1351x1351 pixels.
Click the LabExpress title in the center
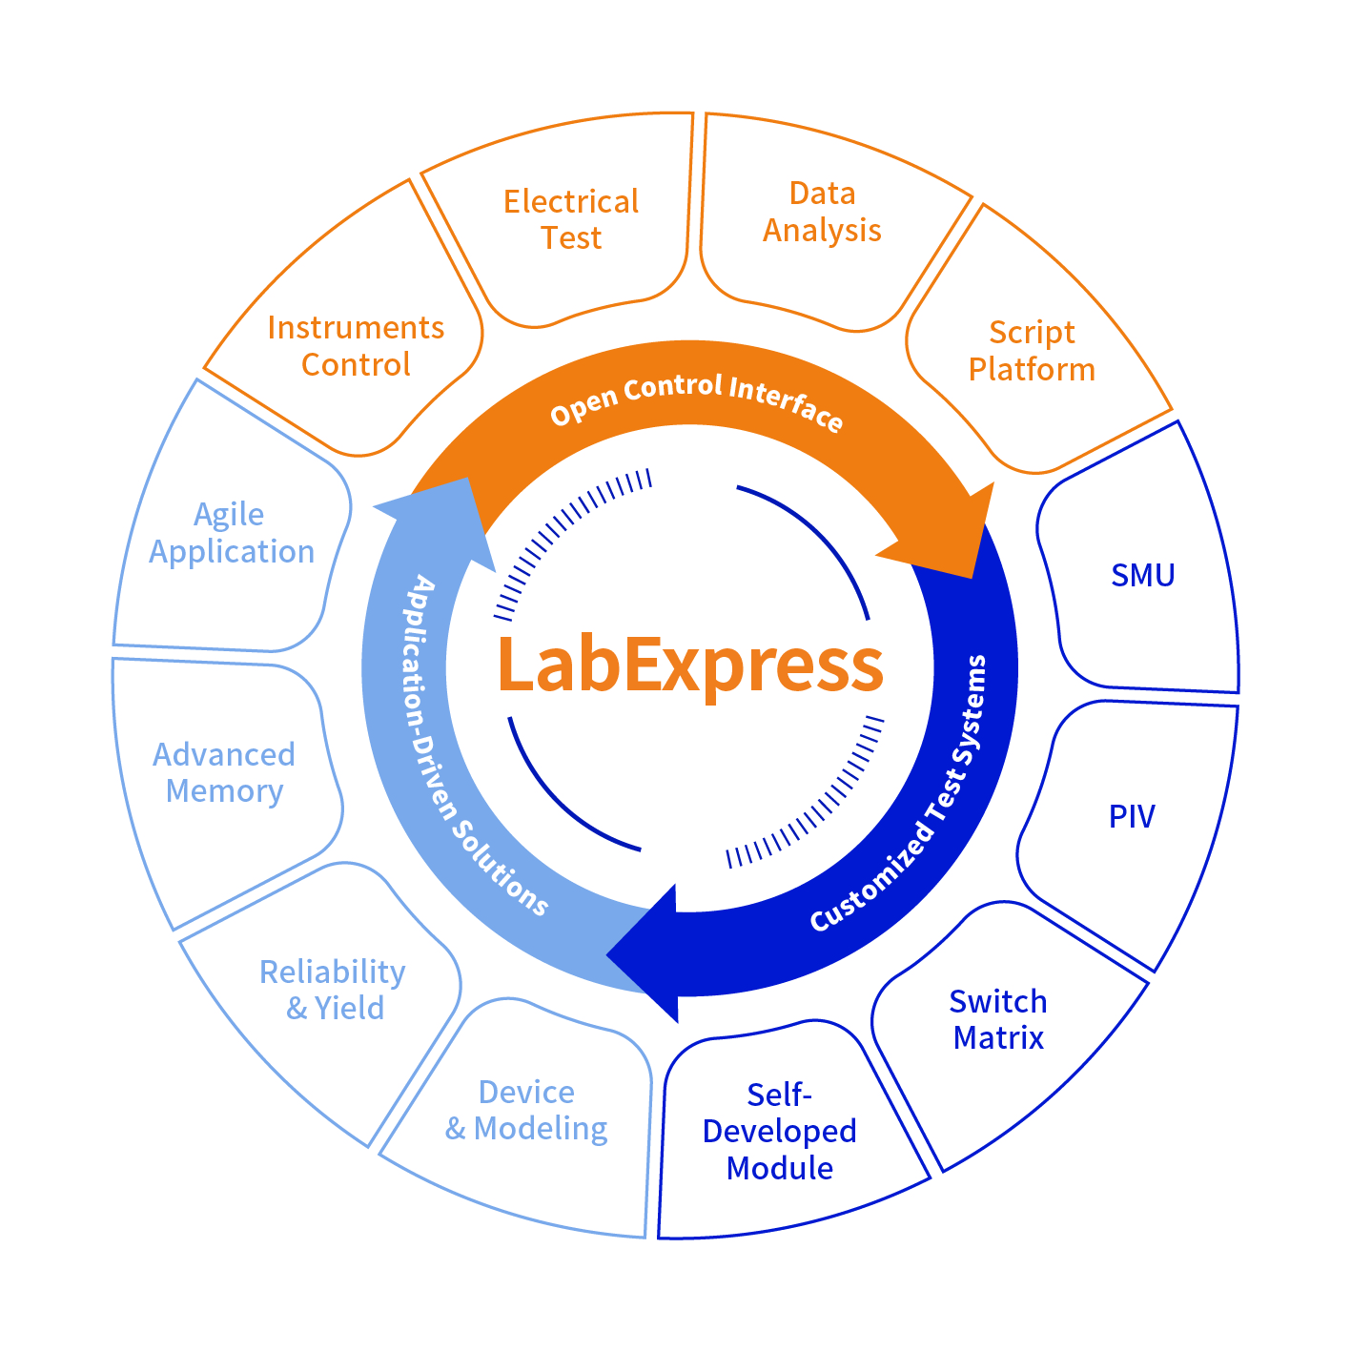[x=690, y=665]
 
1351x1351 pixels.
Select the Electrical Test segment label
[x=571, y=219]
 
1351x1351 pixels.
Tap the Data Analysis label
[x=822, y=212]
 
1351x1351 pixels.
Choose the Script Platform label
[x=1032, y=351]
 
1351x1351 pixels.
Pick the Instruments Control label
[x=356, y=346]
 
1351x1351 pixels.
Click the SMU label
[x=1143, y=575]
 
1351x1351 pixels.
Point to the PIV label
[x=1132, y=816]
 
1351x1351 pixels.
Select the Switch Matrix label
[x=998, y=1019]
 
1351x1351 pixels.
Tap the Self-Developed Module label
[x=780, y=1131]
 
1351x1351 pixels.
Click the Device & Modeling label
[x=526, y=1111]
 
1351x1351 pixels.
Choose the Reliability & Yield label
[x=333, y=990]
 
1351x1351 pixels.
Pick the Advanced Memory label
[x=224, y=773]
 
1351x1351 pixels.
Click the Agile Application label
[x=232, y=533]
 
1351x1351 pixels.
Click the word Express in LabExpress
[x=753, y=665]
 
